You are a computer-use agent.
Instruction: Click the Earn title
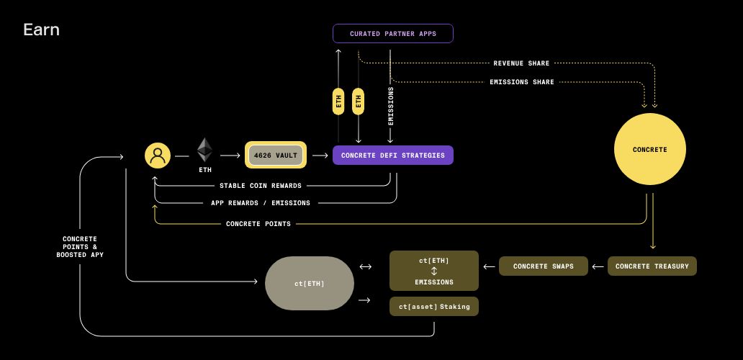click(41, 30)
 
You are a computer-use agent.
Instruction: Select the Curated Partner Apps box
click(393, 34)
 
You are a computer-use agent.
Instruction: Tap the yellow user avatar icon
click(158, 156)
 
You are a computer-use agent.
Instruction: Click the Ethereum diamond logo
click(205, 150)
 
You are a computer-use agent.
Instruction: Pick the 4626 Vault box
click(276, 156)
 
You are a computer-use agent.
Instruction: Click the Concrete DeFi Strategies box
click(393, 156)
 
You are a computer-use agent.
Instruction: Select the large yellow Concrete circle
click(649, 150)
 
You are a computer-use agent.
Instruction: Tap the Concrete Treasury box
click(652, 266)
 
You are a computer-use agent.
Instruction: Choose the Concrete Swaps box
click(544, 266)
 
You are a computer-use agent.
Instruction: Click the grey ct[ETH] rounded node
click(310, 284)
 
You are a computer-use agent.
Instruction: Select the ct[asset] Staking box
click(434, 307)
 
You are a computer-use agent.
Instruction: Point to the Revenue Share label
click(521, 63)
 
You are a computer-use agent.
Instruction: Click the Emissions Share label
click(522, 82)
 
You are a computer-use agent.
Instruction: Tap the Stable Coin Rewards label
click(261, 186)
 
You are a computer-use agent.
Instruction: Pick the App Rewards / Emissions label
click(261, 203)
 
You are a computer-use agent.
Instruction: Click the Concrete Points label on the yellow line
click(258, 224)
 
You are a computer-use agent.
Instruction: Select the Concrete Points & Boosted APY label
click(80, 247)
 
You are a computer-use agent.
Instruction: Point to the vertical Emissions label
click(391, 107)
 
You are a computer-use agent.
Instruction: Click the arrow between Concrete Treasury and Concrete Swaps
click(598, 266)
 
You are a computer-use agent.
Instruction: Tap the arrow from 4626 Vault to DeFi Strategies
click(320, 156)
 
